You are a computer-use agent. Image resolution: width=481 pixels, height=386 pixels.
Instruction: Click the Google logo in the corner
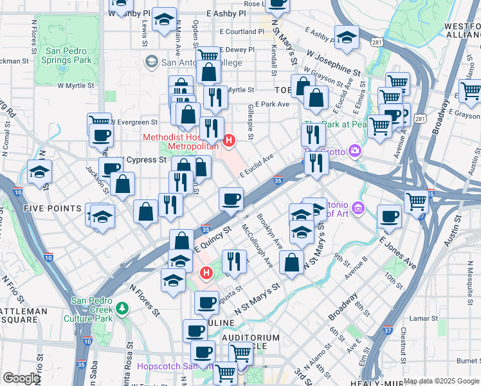coord(21,378)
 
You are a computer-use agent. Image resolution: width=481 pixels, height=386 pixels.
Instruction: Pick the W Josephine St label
coord(333,62)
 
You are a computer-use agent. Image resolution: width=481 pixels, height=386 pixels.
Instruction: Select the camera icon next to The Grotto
coord(354,151)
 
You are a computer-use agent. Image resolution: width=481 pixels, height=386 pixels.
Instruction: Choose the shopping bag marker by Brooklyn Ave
coord(291,262)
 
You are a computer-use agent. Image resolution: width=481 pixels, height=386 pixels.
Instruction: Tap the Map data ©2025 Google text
coord(441,381)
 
